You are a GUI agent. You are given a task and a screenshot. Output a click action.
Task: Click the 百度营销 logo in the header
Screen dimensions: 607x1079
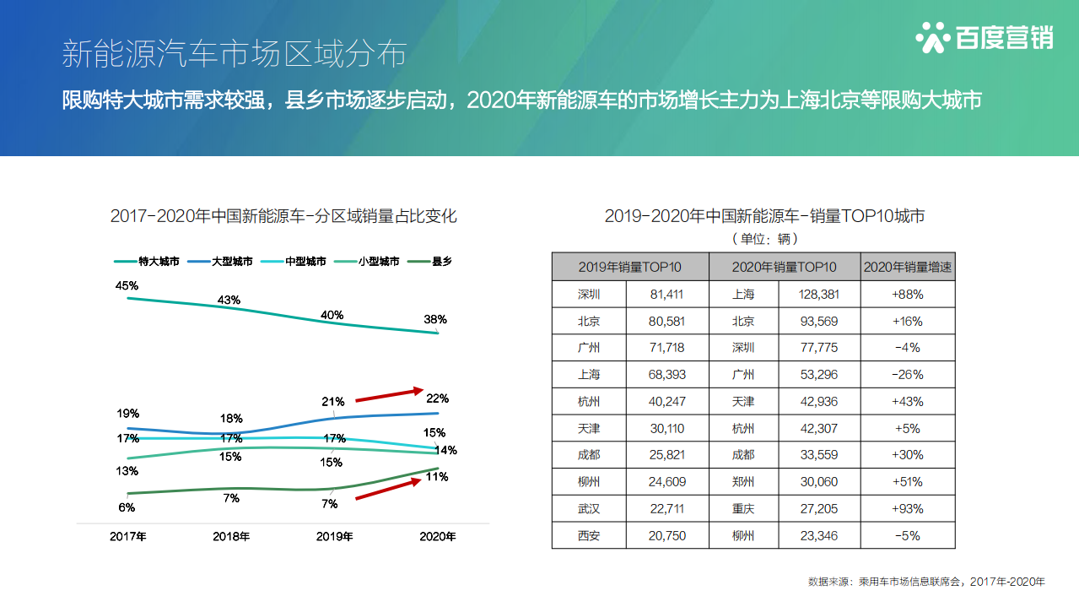(x=984, y=37)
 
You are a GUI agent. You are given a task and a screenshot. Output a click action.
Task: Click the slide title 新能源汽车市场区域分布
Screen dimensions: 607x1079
(x=234, y=53)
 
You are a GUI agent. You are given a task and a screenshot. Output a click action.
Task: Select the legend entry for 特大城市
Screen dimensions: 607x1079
(x=148, y=262)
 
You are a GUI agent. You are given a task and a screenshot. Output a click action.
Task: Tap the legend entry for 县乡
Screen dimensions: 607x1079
(x=430, y=262)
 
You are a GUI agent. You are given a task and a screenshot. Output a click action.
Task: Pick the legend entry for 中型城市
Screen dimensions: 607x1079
(x=294, y=262)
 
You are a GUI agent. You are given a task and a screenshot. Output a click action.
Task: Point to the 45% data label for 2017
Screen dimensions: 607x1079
(x=127, y=285)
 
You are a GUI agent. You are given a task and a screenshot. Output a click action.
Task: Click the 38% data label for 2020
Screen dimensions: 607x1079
(x=435, y=320)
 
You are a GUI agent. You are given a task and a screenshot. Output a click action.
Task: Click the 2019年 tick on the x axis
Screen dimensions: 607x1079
(x=334, y=536)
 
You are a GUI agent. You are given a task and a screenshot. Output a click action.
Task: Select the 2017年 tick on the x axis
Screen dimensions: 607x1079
(x=128, y=536)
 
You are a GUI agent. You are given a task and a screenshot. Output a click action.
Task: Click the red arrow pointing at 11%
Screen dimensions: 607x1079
(x=388, y=489)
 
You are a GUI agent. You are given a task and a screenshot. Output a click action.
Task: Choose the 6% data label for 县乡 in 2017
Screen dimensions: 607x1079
(x=127, y=507)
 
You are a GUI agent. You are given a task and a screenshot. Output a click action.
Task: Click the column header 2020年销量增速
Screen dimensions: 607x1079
(x=908, y=267)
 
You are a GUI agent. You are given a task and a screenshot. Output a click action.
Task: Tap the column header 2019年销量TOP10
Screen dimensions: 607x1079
(x=630, y=267)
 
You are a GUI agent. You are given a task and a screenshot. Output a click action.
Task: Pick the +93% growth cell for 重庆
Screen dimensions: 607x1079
(x=908, y=509)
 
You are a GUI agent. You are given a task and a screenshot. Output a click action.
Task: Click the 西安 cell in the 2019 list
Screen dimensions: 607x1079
(x=589, y=536)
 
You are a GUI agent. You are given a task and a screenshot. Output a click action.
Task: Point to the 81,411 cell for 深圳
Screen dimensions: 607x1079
(x=666, y=295)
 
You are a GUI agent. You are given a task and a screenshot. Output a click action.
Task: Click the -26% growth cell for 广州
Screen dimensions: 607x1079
(x=908, y=375)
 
